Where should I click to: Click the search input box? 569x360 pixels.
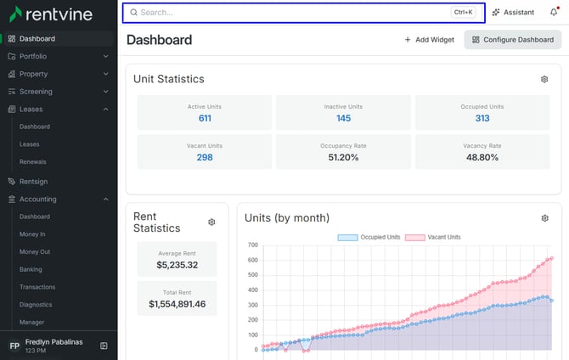point(304,13)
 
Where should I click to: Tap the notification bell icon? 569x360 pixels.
point(554,12)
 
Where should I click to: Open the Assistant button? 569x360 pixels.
point(513,13)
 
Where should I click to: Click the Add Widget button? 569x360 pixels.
point(429,40)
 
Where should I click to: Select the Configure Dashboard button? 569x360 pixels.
point(513,40)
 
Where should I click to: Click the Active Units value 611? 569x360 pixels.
point(205,118)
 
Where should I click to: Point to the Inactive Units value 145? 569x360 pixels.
point(343,118)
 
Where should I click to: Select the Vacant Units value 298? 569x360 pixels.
point(205,158)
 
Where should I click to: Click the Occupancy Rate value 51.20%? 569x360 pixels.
point(343,158)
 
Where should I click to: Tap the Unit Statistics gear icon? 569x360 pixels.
point(544,79)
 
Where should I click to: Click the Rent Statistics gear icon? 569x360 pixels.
point(211,222)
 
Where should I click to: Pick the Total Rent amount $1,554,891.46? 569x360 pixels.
point(177,304)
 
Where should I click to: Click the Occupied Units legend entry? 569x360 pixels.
point(369,238)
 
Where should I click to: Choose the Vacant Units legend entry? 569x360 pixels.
point(432,238)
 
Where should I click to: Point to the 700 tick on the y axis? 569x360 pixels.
point(253,245)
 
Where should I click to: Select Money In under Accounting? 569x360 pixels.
point(32,234)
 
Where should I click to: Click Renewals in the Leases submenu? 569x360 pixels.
point(32,162)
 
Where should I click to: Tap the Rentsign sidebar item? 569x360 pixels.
point(33,182)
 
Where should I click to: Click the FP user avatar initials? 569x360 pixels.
point(14,346)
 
